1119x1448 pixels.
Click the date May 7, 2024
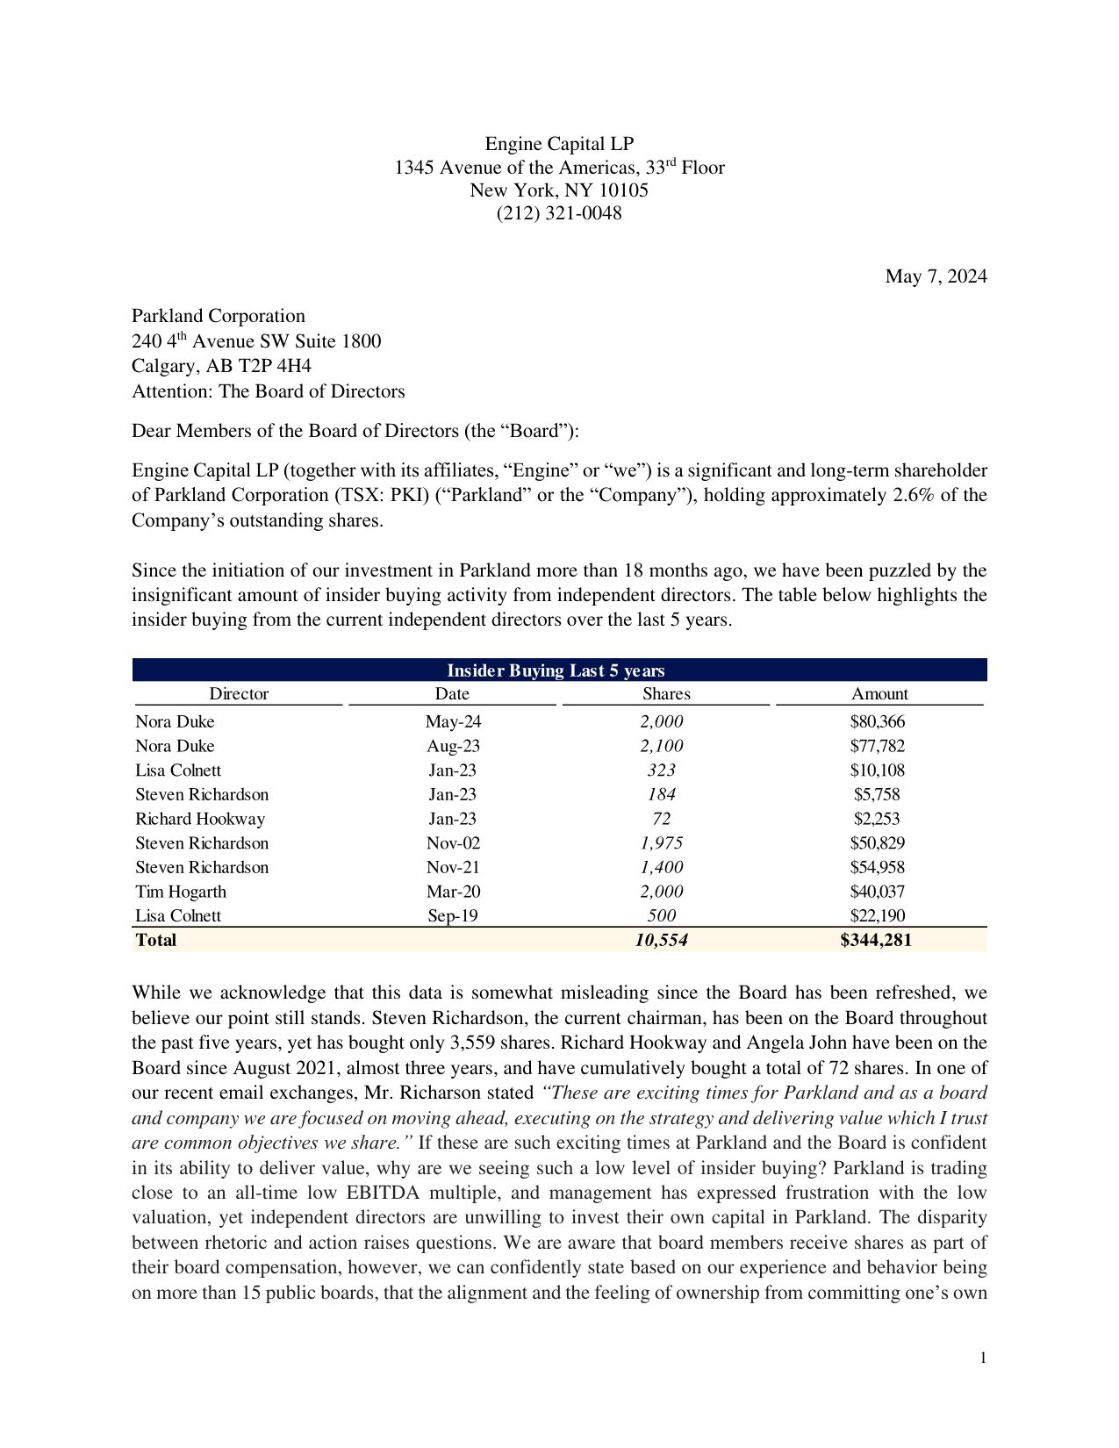tap(936, 277)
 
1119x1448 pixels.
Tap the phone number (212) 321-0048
tap(559, 213)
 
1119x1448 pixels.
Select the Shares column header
tap(666, 694)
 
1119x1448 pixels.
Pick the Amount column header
tap(879, 694)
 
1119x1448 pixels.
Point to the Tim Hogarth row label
tap(181, 892)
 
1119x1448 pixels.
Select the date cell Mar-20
tap(453, 892)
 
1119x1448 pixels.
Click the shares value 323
tap(661, 771)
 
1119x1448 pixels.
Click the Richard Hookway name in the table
tap(200, 819)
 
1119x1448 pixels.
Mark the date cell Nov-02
tap(453, 843)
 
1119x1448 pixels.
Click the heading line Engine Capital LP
tap(559, 145)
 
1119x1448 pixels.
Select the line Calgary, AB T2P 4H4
tap(221, 367)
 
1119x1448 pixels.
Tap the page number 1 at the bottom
tap(983, 1358)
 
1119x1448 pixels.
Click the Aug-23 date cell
tap(453, 747)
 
